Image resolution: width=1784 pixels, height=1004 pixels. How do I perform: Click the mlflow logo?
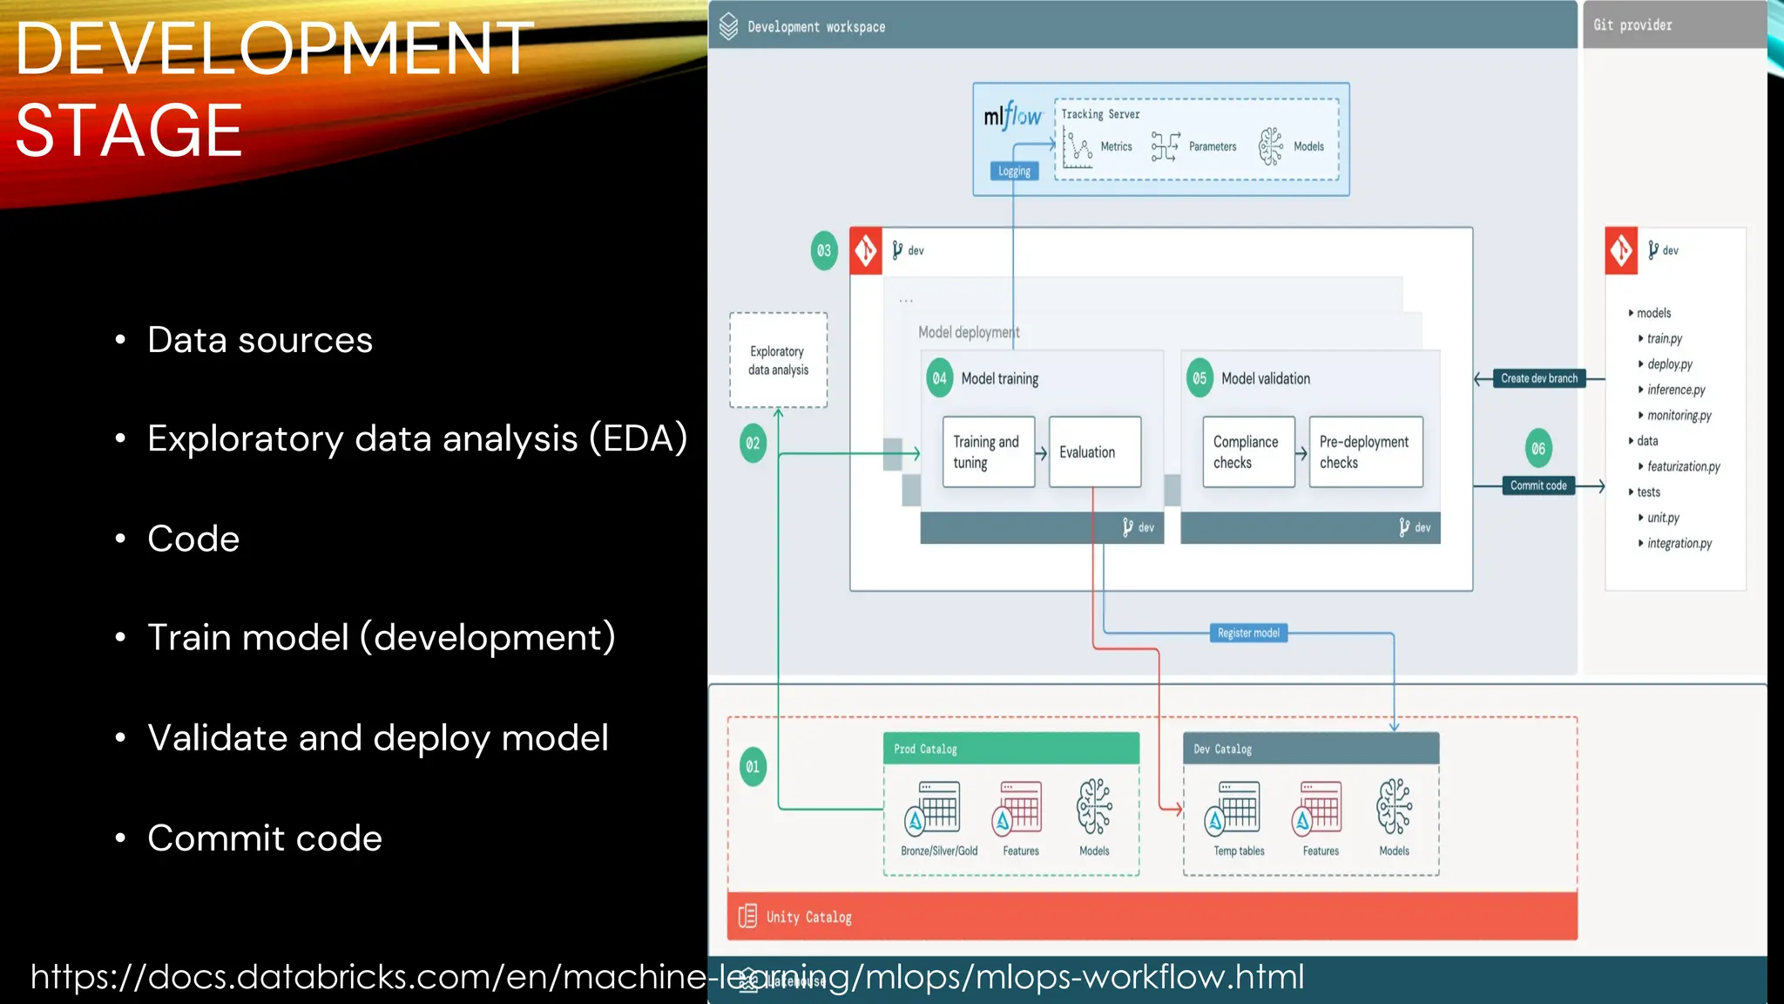(x=1012, y=116)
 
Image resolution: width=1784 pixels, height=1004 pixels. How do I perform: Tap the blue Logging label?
(x=1014, y=172)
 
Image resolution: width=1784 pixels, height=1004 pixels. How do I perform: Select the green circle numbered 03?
(x=823, y=251)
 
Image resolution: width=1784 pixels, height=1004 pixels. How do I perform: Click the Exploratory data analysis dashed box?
(x=778, y=360)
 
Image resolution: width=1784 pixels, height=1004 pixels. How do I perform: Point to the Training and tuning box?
(x=988, y=451)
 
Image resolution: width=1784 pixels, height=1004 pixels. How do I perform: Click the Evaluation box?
(x=1094, y=451)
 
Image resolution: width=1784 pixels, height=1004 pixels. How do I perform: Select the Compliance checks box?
(x=1247, y=451)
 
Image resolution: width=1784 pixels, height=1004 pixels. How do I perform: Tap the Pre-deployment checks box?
(x=1365, y=451)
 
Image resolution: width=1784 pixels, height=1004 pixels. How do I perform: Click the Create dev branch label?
(x=1538, y=378)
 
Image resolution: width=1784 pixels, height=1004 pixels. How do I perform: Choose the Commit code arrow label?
(x=1538, y=485)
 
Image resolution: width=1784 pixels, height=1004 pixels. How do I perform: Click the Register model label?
(x=1248, y=633)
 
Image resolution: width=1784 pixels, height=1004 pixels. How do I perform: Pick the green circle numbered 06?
(x=1538, y=449)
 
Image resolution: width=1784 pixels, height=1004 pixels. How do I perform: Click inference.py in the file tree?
(x=1675, y=390)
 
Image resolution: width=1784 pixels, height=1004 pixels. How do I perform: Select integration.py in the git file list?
(x=1679, y=543)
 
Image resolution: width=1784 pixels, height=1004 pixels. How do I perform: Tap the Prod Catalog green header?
(x=1010, y=749)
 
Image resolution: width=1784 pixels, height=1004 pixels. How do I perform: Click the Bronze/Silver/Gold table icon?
(x=937, y=807)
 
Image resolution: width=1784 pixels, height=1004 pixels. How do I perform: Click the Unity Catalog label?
(x=808, y=917)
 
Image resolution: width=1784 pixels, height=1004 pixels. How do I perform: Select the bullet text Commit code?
(x=265, y=838)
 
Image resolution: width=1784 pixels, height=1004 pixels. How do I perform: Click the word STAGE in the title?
(x=129, y=131)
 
